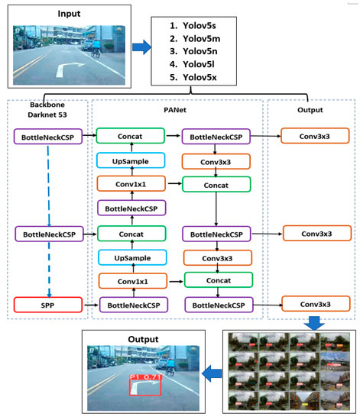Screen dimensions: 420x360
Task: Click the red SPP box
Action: [x=48, y=305]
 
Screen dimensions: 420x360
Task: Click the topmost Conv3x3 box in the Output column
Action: [x=315, y=137]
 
